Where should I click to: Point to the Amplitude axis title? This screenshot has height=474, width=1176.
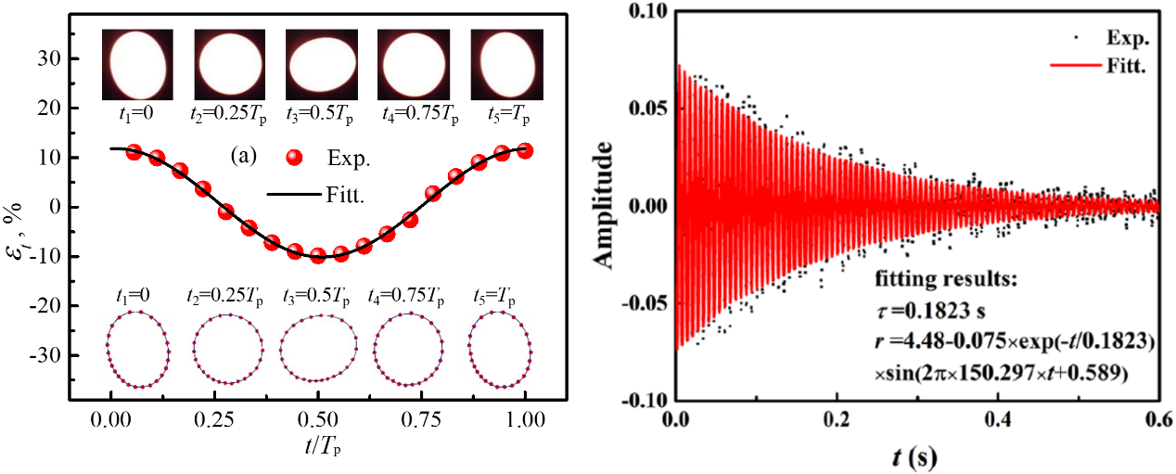(x=614, y=206)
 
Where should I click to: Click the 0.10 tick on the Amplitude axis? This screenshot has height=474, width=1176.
(x=647, y=11)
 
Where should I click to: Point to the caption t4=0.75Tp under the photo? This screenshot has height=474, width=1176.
(x=412, y=116)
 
